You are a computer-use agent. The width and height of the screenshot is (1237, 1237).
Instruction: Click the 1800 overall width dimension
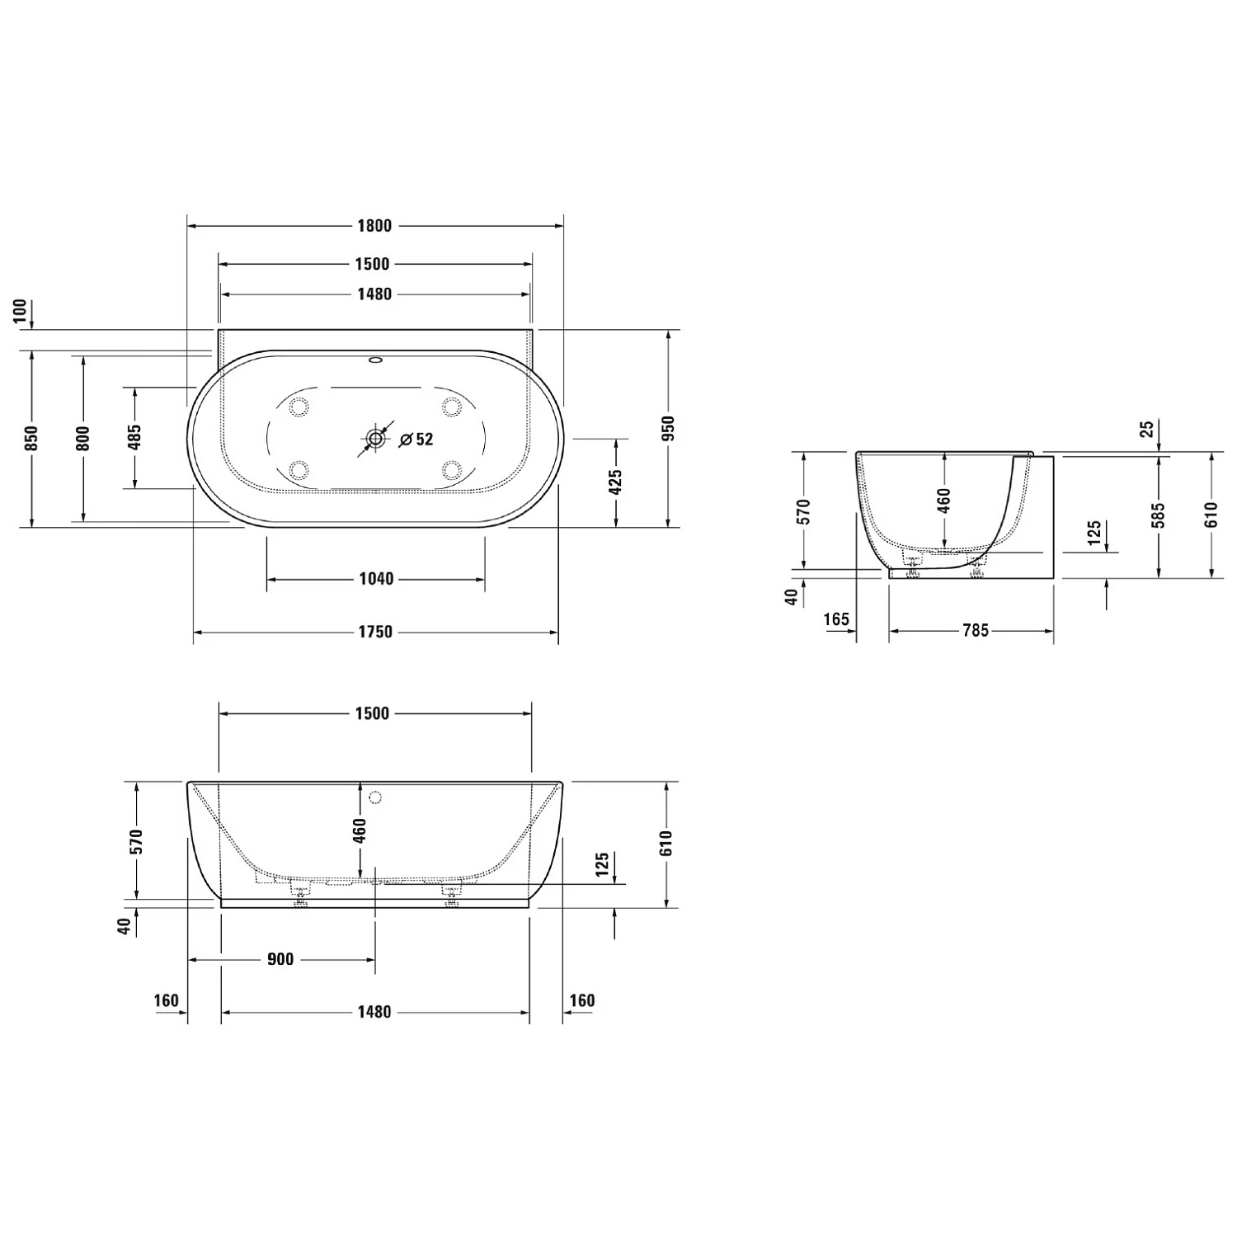(374, 226)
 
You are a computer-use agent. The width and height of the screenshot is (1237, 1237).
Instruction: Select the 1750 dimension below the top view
(375, 633)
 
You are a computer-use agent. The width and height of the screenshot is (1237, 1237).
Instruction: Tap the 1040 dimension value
(376, 579)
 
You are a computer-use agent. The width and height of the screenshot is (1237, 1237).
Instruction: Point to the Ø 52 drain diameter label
(416, 440)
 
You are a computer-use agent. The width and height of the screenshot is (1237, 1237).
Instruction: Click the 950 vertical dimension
(668, 428)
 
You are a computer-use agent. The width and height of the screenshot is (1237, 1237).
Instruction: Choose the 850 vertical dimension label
(31, 438)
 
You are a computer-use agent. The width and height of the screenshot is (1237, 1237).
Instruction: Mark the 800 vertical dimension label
(82, 438)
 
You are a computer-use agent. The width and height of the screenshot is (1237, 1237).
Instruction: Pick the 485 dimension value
(134, 438)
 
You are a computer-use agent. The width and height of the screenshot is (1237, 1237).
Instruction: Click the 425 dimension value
(615, 483)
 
